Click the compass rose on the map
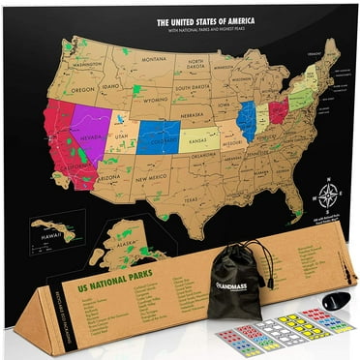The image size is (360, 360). pos(329,195)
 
